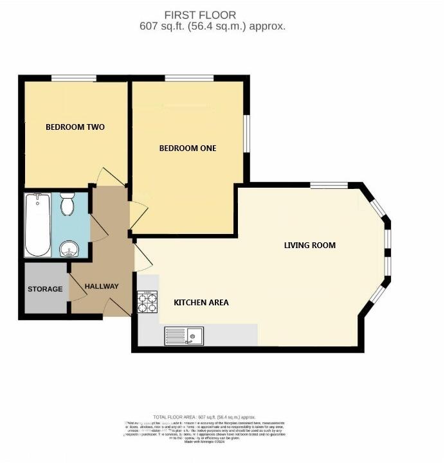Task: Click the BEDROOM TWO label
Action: (x=75, y=127)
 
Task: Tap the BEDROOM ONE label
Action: (x=188, y=148)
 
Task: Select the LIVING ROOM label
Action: (x=310, y=246)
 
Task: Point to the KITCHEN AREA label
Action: (x=201, y=303)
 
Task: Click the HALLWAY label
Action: (x=102, y=287)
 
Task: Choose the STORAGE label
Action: (x=45, y=289)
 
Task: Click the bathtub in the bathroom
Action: (x=38, y=224)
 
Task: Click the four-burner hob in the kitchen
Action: (x=147, y=302)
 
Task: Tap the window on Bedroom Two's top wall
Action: (x=69, y=79)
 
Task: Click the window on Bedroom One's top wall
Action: (x=189, y=79)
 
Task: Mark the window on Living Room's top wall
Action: (x=329, y=186)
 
